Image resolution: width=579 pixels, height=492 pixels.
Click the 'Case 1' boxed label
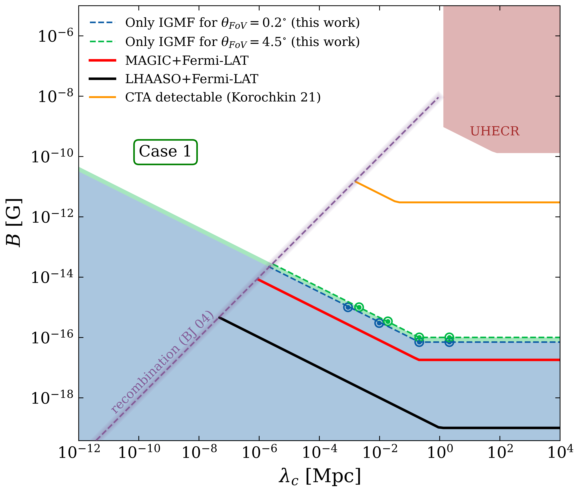click(165, 152)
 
